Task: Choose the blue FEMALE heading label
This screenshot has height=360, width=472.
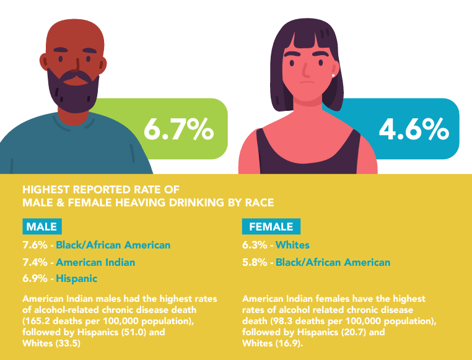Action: pos(271,226)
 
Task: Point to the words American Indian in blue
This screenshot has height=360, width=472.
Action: pos(95,262)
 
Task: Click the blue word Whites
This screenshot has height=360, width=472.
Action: pos(292,245)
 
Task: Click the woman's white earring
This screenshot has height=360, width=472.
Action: pos(333,75)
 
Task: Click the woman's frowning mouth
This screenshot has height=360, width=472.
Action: pos(304,82)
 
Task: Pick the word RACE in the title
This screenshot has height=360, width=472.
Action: pos(260,202)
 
